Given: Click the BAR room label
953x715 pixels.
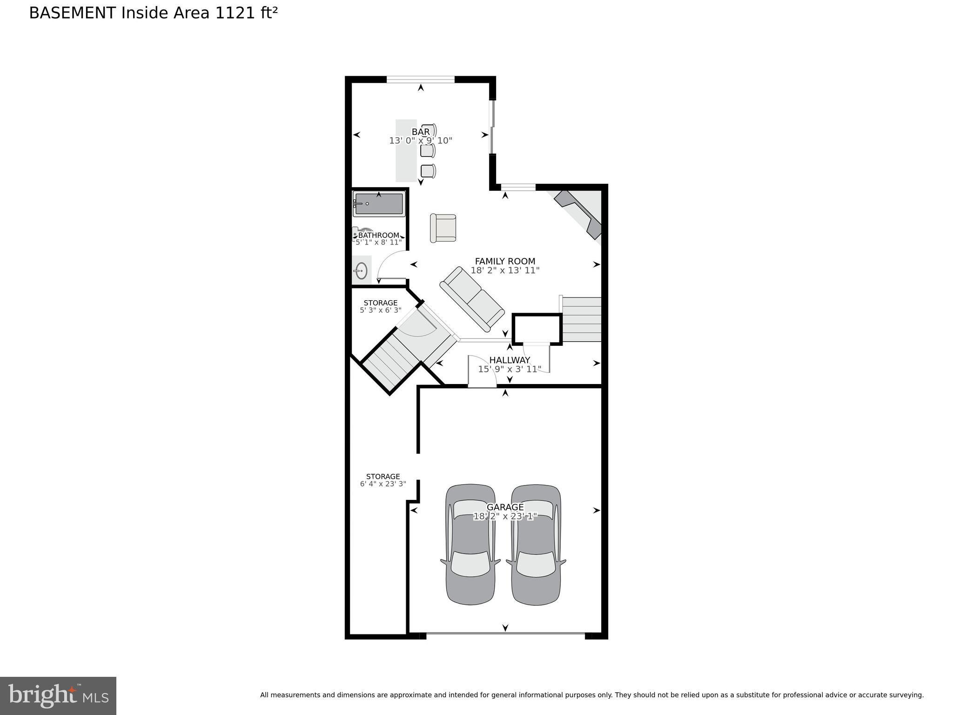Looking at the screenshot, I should [421, 132].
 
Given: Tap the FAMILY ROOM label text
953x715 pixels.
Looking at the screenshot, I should [505, 262].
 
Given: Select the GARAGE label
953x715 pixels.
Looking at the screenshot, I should [505, 507].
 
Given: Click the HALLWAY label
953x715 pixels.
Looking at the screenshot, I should [510, 360].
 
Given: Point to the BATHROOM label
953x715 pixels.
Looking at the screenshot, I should [378, 236].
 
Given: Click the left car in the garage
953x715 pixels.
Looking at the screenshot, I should [470, 545].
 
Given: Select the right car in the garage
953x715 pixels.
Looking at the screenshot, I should [536, 545].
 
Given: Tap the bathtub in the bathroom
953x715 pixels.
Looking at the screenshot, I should [379, 204].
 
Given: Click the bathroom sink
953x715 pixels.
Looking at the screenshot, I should [361, 270].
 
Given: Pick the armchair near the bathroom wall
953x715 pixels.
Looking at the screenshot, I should [443, 228].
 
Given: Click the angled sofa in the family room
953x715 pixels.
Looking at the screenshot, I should [472, 299].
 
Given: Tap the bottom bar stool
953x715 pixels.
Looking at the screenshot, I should [428, 171].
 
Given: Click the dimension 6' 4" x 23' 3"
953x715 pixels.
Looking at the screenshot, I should [383, 484].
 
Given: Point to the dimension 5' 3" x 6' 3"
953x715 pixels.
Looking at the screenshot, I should [380, 310].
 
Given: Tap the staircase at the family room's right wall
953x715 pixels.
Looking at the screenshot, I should [582, 319].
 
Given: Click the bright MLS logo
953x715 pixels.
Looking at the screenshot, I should [58, 696].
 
